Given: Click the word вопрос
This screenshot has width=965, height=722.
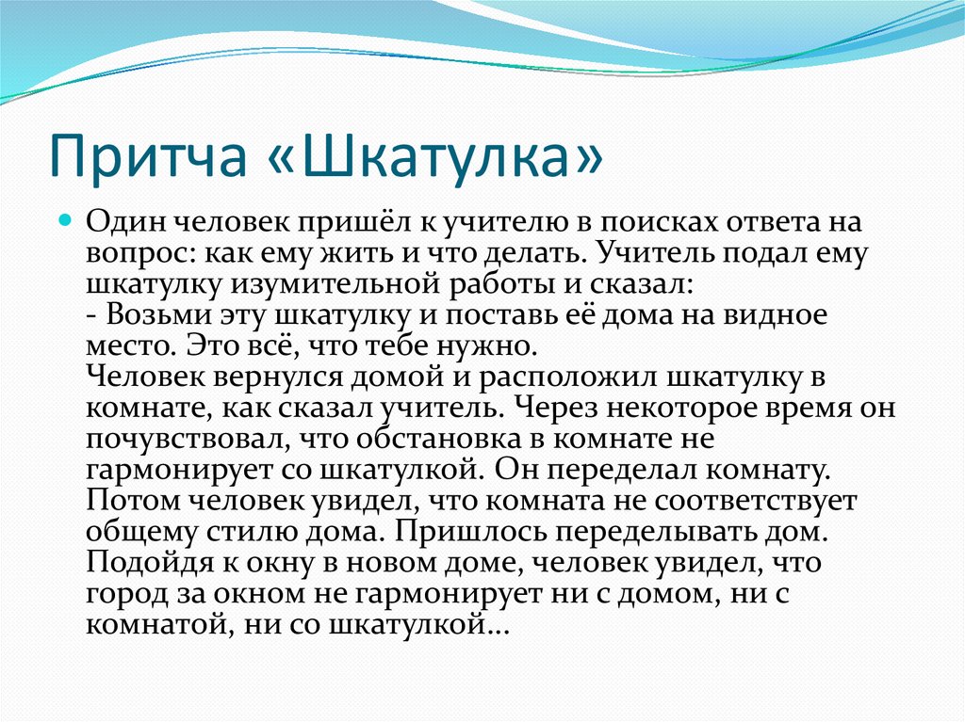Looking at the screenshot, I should pyautogui.click(x=131, y=255).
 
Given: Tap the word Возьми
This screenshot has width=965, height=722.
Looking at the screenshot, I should pyautogui.click(x=154, y=314).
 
